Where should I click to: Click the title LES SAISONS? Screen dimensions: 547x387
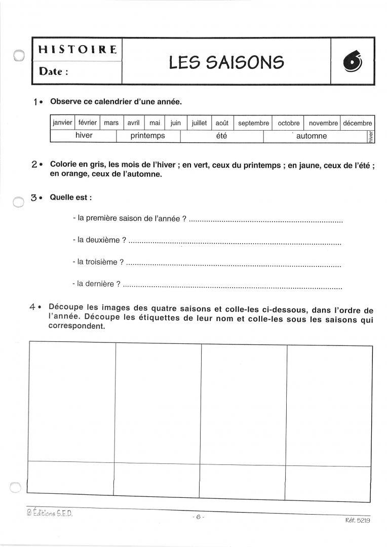point(226,62)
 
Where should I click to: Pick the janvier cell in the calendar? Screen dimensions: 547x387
point(62,123)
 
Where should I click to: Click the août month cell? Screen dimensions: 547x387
point(222,123)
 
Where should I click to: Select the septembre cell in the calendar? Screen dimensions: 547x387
point(253,123)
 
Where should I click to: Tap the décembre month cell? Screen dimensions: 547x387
point(358,123)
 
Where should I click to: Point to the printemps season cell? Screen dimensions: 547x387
point(147,136)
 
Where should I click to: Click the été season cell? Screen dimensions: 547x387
point(221,136)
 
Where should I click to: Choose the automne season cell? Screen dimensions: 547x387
point(312,136)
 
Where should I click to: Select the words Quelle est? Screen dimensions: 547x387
point(70,197)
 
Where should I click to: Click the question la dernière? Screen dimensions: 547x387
point(96,284)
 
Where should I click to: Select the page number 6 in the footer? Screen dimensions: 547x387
point(198,517)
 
